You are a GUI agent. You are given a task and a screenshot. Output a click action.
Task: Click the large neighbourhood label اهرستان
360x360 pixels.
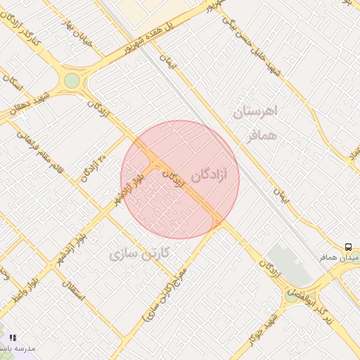point(256,111)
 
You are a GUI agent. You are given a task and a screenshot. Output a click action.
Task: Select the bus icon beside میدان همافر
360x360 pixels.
point(349,247)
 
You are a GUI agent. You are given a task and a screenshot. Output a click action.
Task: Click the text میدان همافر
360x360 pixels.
point(345,259)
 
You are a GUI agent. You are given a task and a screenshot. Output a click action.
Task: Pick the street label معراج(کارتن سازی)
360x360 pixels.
point(166,294)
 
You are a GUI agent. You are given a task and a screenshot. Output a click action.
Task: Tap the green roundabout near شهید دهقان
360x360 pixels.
point(72,81)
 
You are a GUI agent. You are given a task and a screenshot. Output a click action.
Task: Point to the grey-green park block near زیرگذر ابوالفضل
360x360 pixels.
point(288,263)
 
